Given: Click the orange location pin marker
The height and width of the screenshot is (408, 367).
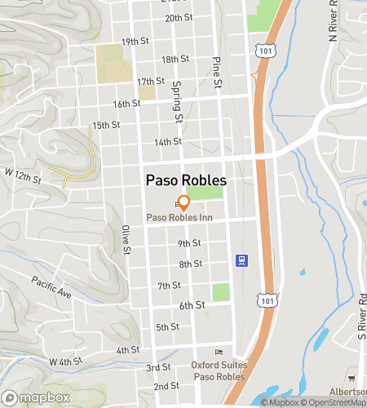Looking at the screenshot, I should (184, 202).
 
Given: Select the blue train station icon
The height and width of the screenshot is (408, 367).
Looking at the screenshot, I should (241, 261).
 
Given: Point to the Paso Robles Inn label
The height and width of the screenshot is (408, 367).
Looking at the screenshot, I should (179, 218).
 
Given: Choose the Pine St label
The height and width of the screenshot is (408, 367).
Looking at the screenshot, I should (218, 72).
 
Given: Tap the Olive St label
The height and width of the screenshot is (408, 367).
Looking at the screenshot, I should (126, 239).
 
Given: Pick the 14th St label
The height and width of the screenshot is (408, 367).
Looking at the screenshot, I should (167, 142).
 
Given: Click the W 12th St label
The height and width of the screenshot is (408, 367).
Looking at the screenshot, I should (22, 175).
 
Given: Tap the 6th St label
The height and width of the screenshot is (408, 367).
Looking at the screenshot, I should (192, 305).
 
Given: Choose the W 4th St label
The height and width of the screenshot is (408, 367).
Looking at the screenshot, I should (65, 360).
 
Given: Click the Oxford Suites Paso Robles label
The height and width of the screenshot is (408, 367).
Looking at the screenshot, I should (218, 370).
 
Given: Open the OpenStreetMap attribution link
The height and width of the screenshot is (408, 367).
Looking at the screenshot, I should (331, 401).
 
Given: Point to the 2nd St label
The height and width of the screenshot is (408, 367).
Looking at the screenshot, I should (166, 386).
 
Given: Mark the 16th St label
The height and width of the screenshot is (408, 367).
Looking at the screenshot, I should (127, 104).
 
